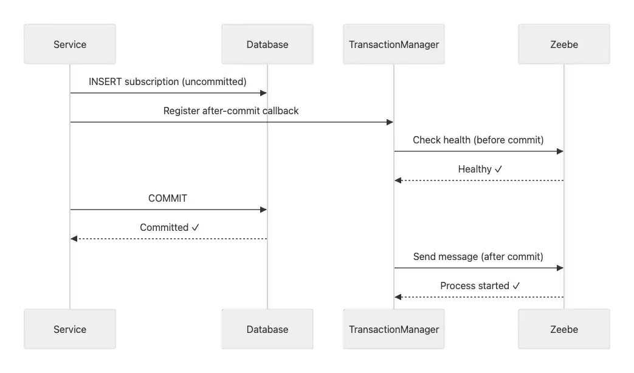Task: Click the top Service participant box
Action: [70, 44]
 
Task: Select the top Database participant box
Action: [267, 44]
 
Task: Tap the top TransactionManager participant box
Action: [393, 44]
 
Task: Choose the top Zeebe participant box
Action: [563, 44]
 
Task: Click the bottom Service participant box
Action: [70, 329]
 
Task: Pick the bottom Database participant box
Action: [267, 329]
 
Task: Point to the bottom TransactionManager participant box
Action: [393, 329]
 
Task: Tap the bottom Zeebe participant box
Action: [563, 329]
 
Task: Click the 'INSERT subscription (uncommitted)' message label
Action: [168, 81]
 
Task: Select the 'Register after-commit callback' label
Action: [231, 111]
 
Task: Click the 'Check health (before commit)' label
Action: [478, 140]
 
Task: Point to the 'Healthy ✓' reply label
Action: [480, 169]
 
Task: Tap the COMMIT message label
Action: [168, 198]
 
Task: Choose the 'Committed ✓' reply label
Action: [170, 227]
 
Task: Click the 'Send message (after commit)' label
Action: [478, 256]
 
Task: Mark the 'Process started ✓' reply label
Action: [480, 286]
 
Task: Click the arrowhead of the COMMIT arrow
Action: [263, 210]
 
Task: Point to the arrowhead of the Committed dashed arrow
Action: [74, 239]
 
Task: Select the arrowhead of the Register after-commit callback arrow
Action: [390, 122]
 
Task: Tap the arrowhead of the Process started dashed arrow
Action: [398, 297]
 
